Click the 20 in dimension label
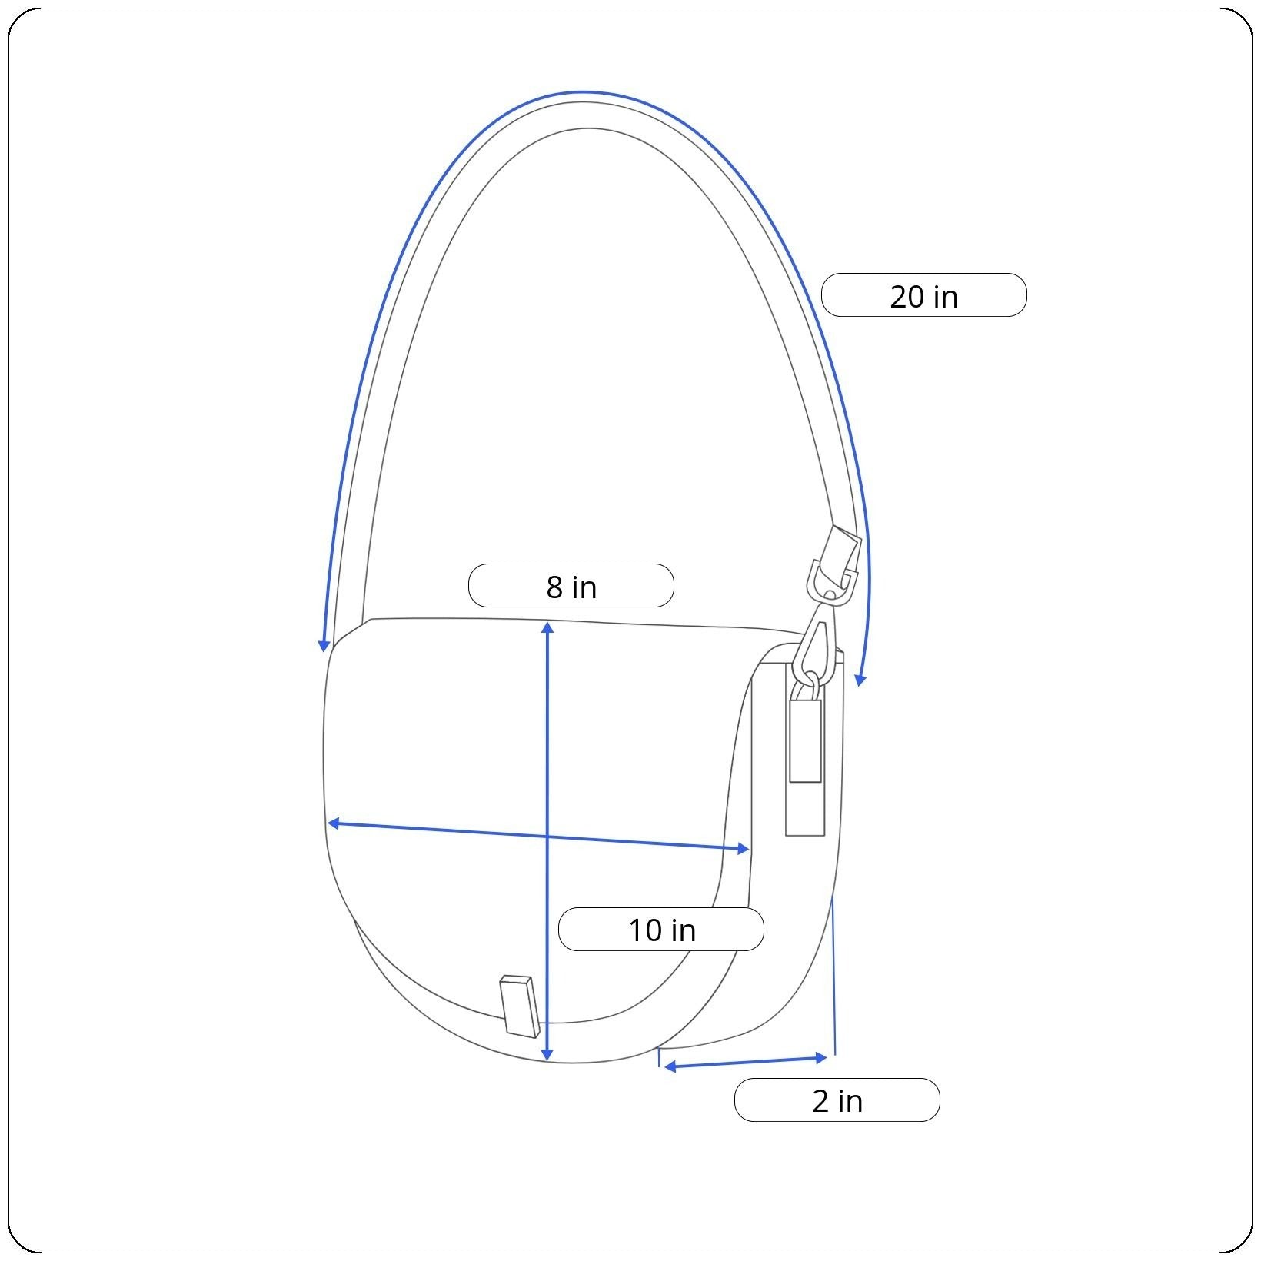click(923, 295)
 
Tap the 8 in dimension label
click(571, 586)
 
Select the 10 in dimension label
click(661, 930)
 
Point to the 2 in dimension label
click(837, 1100)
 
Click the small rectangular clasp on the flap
click(521, 1006)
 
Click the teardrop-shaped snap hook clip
click(817, 644)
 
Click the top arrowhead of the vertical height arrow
click(547, 627)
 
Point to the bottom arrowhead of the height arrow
click(547, 1055)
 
